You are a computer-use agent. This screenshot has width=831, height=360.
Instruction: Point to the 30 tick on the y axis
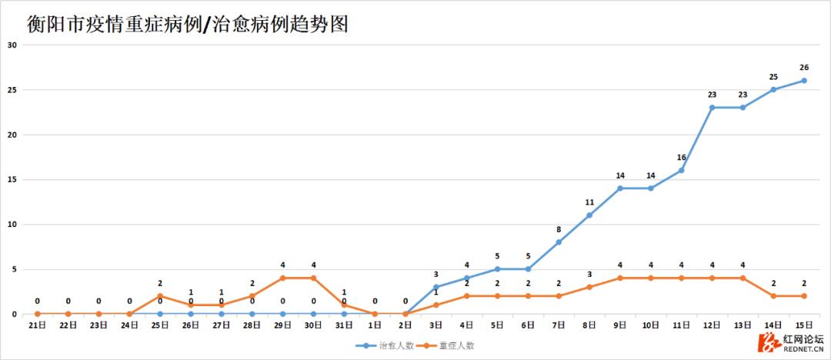click(x=12, y=45)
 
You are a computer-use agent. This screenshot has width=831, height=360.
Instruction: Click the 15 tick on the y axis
click(x=12, y=179)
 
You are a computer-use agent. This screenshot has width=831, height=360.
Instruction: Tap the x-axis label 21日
click(x=37, y=325)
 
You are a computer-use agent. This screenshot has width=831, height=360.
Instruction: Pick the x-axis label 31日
click(x=344, y=325)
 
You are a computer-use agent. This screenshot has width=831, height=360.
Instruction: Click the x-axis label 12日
click(x=712, y=325)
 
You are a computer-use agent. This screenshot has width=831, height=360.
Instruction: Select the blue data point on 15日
click(x=804, y=81)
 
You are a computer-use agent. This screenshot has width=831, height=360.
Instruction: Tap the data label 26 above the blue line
click(x=804, y=68)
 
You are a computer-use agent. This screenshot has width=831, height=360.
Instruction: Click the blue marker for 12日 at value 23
click(x=712, y=108)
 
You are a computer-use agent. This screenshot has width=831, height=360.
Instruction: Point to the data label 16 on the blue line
click(x=681, y=158)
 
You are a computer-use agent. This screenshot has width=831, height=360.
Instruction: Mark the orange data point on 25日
click(x=160, y=296)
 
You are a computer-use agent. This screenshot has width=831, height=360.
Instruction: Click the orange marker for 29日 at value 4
click(x=282, y=278)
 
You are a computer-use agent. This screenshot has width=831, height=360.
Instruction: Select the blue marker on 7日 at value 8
click(x=559, y=242)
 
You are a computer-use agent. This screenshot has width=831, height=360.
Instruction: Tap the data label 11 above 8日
click(x=589, y=202)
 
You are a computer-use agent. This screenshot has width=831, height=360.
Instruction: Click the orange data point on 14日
click(x=773, y=296)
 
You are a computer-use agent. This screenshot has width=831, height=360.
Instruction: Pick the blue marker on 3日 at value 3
click(x=436, y=287)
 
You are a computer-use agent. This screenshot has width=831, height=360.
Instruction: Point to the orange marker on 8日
click(x=589, y=287)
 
